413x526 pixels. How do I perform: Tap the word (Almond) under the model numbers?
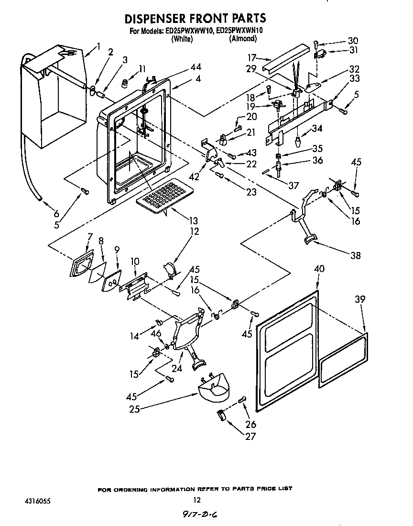point(243,39)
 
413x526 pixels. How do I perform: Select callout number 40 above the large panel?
point(319,269)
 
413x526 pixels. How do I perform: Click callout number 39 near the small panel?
point(360,300)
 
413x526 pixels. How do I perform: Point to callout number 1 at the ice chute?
point(98,46)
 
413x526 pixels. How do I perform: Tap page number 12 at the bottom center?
point(196,500)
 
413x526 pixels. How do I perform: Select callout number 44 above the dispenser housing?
point(182,67)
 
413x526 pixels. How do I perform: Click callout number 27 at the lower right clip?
point(250,436)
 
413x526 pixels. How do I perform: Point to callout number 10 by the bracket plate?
point(135,262)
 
